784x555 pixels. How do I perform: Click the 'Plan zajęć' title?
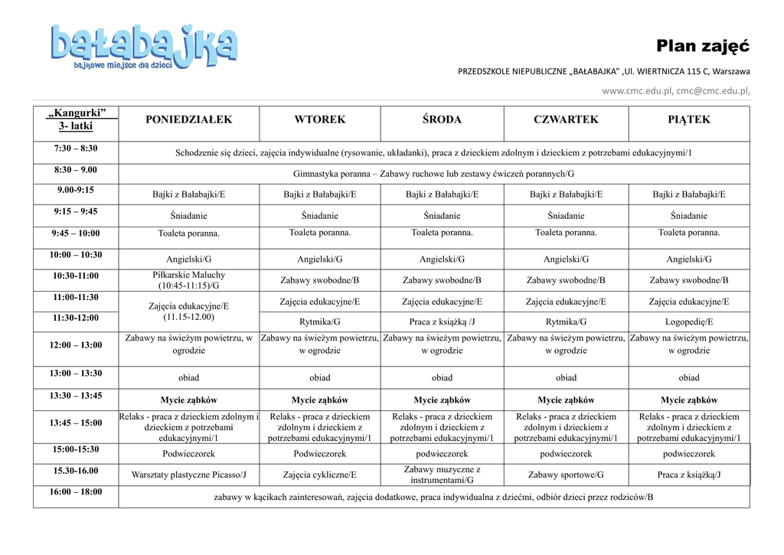click(702, 46)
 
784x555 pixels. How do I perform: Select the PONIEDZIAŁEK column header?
click(188, 120)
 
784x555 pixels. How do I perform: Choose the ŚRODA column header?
click(442, 120)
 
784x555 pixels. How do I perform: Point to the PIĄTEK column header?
click(689, 120)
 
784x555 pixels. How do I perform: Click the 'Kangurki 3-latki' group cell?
click(76, 120)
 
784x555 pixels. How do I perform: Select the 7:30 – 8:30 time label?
click(76, 149)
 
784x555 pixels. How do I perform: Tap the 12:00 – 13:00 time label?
click(76, 345)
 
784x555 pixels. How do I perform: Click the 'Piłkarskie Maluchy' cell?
click(188, 280)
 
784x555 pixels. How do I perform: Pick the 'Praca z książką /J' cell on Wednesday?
click(442, 322)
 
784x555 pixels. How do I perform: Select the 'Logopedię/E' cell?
click(689, 322)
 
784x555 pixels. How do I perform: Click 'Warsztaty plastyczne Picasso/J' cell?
click(188, 475)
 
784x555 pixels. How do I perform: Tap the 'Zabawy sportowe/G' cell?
click(566, 475)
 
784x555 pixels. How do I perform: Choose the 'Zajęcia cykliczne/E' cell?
click(320, 475)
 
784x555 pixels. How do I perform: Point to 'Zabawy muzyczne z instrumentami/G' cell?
click(442, 475)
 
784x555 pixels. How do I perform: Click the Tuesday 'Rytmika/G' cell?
click(320, 322)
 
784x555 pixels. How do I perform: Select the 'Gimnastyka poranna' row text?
click(433, 174)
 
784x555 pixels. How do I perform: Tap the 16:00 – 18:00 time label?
click(76, 492)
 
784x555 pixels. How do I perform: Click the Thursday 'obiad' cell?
click(566, 377)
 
